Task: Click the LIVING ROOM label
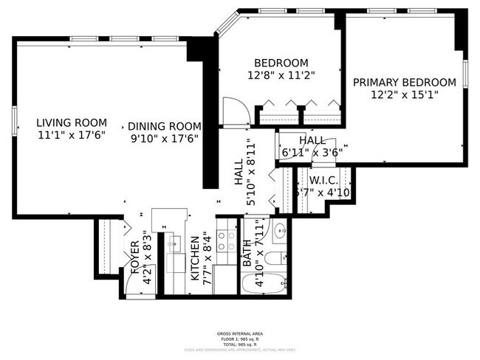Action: point(72,122)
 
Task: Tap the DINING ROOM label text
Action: point(164,126)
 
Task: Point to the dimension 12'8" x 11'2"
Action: point(281,75)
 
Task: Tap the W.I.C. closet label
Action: point(323,180)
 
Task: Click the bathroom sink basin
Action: point(281,232)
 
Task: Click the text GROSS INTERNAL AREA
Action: point(240,333)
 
